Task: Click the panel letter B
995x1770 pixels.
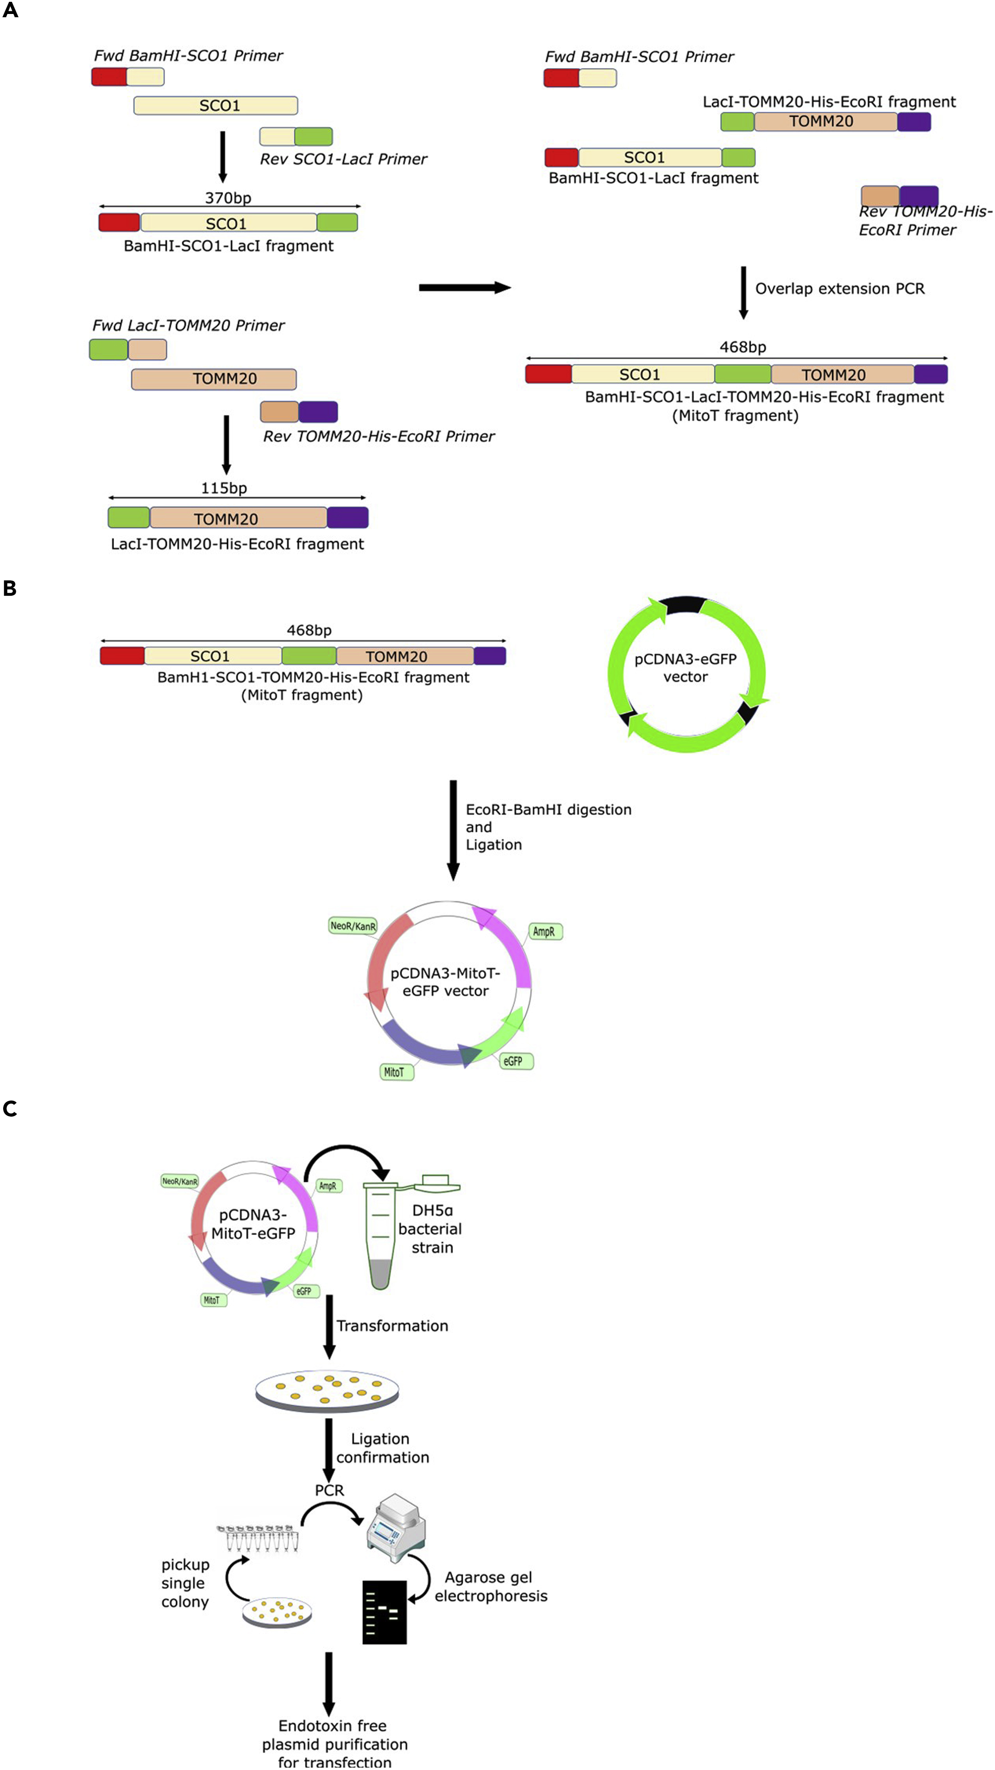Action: pyautogui.click(x=9, y=589)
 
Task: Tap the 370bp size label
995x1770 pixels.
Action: pyautogui.click(x=228, y=198)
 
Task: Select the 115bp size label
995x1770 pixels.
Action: pyautogui.click(x=224, y=488)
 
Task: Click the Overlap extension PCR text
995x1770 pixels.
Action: pyautogui.click(x=840, y=288)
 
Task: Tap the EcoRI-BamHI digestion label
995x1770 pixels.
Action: pyautogui.click(x=548, y=809)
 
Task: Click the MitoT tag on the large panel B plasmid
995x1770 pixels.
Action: pyautogui.click(x=394, y=1072)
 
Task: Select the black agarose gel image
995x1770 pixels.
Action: pyautogui.click(x=384, y=1612)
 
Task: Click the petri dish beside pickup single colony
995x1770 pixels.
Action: pyautogui.click(x=278, y=1611)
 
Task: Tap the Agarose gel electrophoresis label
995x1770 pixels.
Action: pyautogui.click(x=491, y=1587)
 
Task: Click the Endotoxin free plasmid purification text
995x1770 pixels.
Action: pyautogui.click(x=334, y=1744)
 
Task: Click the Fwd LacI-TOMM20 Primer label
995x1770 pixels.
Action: pyautogui.click(x=188, y=326)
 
